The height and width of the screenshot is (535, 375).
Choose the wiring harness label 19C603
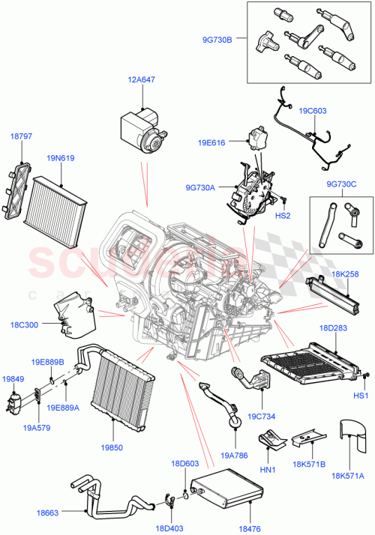314,111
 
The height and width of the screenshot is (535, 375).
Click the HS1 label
361,395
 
